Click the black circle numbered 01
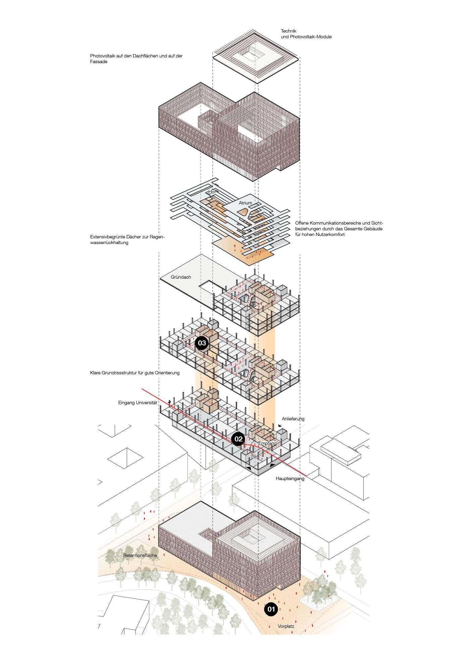(271, 609)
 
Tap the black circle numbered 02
(238, 439)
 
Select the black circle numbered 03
(202, 343)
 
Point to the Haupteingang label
(290, 478)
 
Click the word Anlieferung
(293, 419)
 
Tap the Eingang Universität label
(137, 403)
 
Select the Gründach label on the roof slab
(180, 277)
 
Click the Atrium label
(245, 203)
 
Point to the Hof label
(211, 192)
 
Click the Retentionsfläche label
(140, 556)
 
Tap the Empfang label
(267, 443)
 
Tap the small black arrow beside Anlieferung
(280, 425)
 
